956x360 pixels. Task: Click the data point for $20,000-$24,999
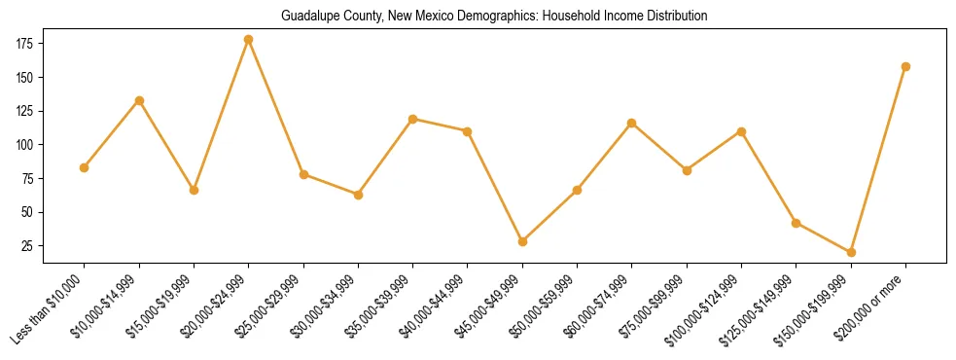249,40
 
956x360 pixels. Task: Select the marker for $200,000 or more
905,66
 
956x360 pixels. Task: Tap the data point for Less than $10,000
85,167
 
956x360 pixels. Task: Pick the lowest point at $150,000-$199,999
851,252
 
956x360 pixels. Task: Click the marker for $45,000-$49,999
522,241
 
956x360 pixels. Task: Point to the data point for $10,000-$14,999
139,100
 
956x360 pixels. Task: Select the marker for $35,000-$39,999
413,119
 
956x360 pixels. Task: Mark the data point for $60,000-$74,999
632,123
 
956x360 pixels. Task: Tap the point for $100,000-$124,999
741,131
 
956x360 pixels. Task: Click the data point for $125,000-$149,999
797,223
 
